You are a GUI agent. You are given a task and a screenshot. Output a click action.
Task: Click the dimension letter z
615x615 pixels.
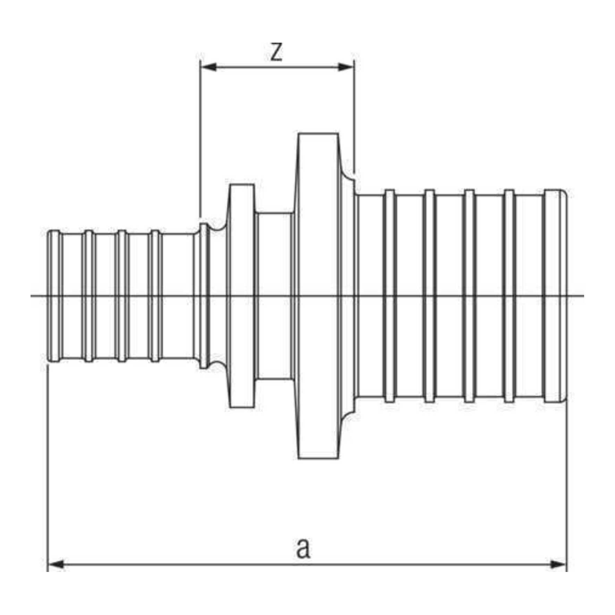coord(276,52)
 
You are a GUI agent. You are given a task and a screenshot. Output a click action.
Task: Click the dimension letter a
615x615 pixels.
coord(303,548)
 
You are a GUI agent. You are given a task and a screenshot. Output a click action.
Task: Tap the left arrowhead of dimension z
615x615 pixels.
coord(209,67)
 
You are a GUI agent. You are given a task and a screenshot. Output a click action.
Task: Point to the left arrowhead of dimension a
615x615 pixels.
coord(56,565)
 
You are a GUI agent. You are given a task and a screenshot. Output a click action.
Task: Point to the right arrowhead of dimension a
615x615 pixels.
coord(558,565)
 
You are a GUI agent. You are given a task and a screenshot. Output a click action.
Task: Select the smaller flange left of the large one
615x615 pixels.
coord(241,296)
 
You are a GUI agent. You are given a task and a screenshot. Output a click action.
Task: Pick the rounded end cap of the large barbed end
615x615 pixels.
coord(555,296)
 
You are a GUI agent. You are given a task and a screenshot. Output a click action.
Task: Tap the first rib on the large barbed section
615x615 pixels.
coord(389,296)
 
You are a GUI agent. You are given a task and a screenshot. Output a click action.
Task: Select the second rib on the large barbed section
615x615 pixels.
coord(429,296)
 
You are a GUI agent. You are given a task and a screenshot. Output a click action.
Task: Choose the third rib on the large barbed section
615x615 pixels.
coord(469,296)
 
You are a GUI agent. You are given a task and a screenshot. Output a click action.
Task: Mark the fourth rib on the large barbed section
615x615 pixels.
coord(509,296)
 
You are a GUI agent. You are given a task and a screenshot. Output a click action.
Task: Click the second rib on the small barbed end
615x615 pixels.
coord(89,296)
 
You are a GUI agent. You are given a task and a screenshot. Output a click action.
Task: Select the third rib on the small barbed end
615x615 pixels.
coord(122,296)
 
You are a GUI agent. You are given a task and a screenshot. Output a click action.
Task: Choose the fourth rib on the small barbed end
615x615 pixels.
coord(155,296)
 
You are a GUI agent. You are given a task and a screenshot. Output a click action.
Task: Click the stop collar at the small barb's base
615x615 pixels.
coord(204,296)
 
